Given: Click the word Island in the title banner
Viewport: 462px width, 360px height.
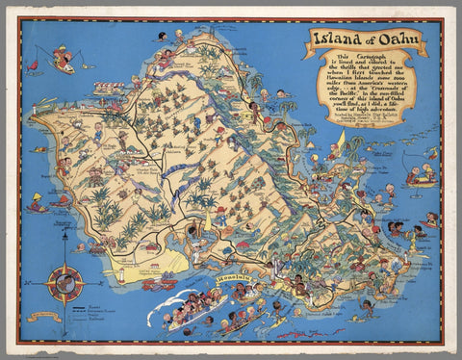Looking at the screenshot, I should (x=337, y=39).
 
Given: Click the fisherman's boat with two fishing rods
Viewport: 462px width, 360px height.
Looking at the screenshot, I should (x=64, y=64).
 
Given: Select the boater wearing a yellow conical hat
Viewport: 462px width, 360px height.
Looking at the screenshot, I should (x=38, y=203).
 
